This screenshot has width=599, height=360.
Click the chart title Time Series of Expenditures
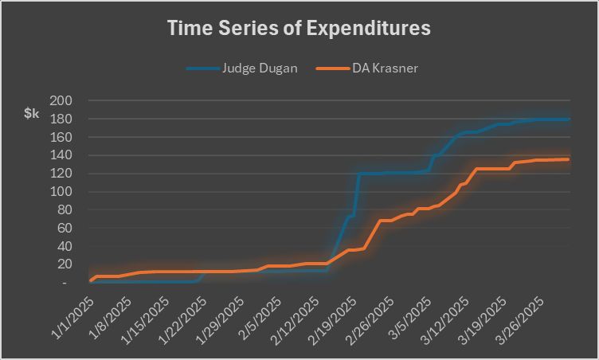click(299, 29)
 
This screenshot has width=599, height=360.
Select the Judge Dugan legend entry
click(259, 68)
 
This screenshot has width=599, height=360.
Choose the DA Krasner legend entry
click(386, 68)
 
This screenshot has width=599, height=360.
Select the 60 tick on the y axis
click(62, 228)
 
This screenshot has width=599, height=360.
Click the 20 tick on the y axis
click(62, 264)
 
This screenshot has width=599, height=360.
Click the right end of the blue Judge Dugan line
click(569, 119)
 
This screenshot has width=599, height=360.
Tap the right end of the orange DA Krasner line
click(569, 159)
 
